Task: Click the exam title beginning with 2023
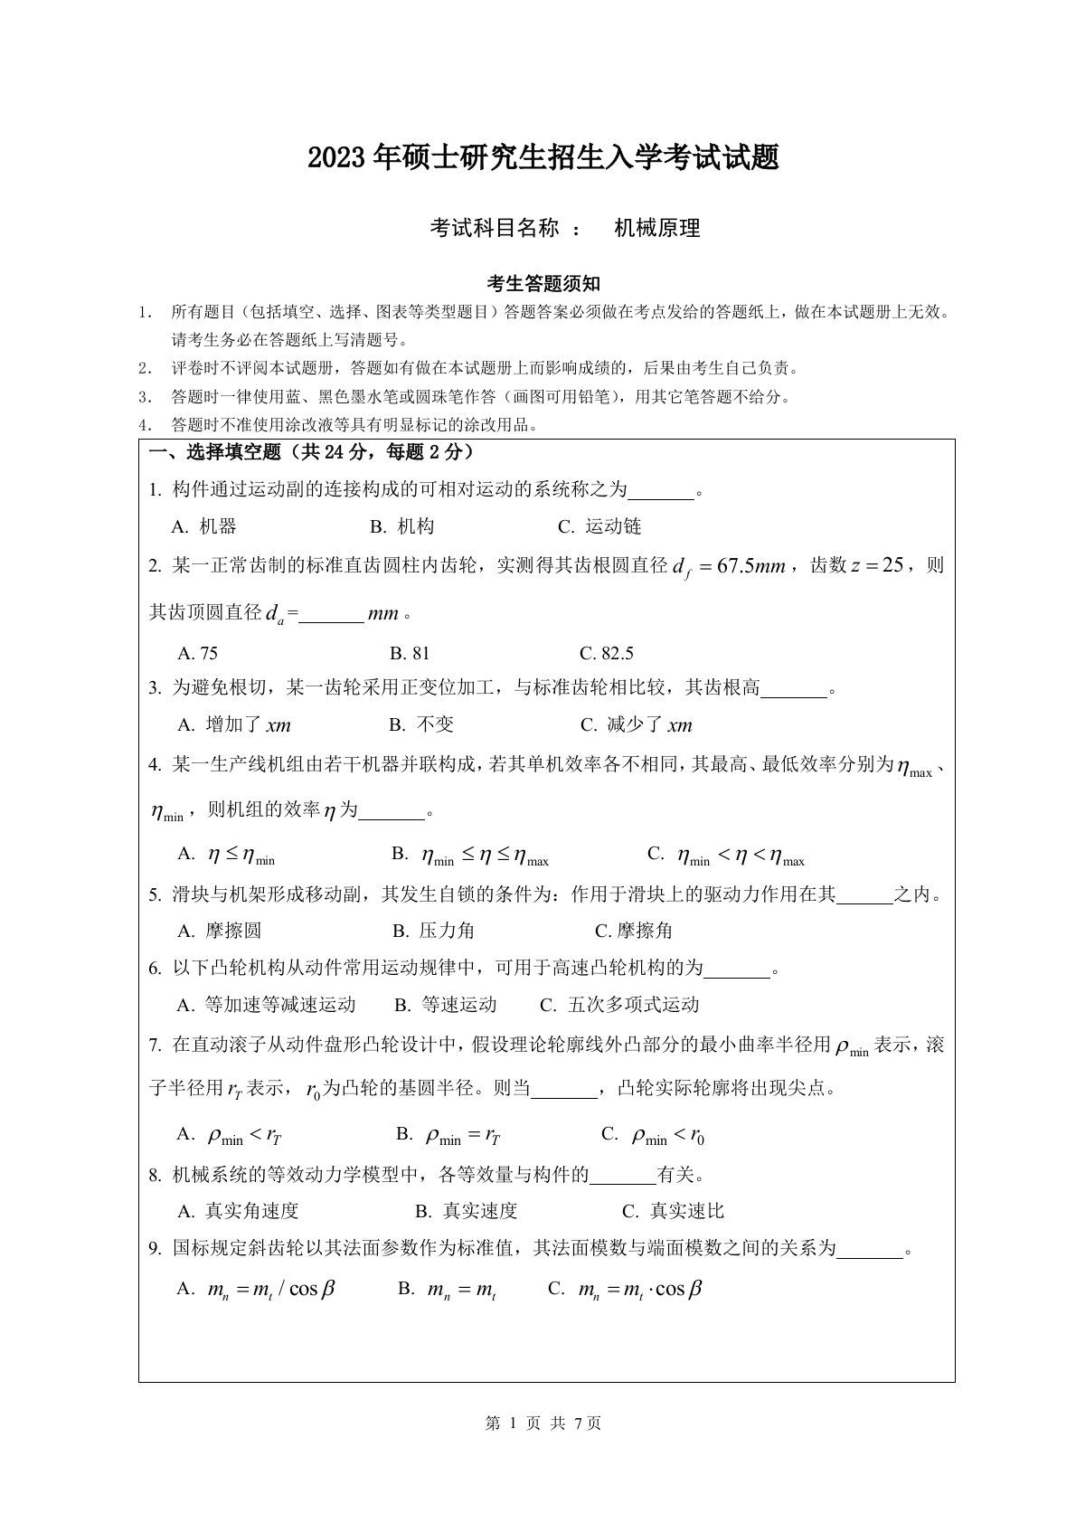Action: (x=543, y=159)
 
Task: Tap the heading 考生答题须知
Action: (x=543, y=284)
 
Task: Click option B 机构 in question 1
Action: (x=402, y=526)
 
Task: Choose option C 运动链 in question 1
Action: (x=599, y=526)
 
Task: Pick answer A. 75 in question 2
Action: (x=198, y=653)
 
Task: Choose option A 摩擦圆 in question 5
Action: (x=219, y=931)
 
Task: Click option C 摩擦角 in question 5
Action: (x=633, y=931)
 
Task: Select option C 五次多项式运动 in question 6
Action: (x=619, y=1005)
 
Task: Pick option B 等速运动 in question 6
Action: (x=446, y=1005)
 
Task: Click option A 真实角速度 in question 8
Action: (x=238, y=1211)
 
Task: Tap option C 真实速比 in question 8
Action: (x=674, y=1211)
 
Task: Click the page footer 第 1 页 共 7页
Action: (x=543, y=1423)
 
